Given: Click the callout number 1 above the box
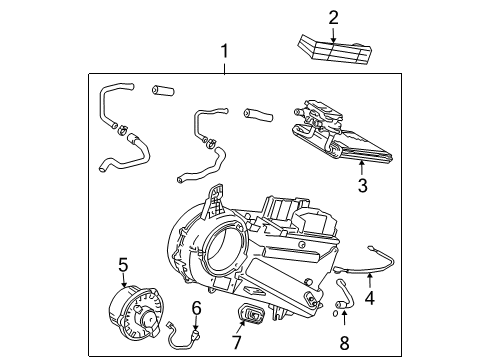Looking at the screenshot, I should (225, 49).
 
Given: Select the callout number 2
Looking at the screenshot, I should (334, 16).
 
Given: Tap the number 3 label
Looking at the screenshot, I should (363, 186).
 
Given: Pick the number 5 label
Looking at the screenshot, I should (123, 264).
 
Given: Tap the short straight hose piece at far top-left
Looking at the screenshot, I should (160, 91).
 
